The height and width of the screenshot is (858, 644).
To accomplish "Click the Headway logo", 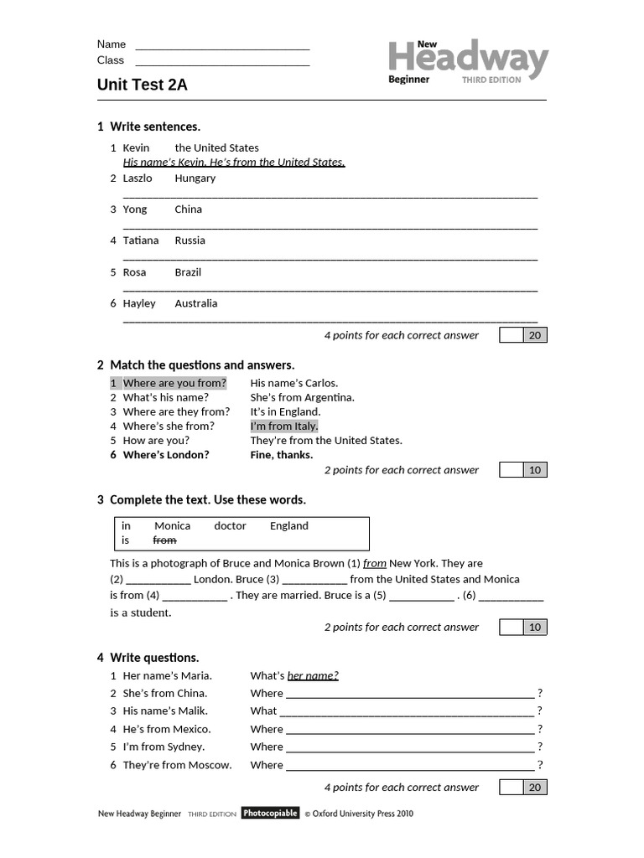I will [x=467, y=61].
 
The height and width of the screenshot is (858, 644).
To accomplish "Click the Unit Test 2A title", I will [x=143, y=85].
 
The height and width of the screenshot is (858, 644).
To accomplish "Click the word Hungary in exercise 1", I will [x=195, y=178].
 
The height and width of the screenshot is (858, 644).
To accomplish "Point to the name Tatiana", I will [x=140, y=240].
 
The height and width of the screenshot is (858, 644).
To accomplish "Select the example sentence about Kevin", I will [x=234, y=163].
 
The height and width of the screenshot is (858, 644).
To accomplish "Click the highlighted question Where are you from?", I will [x=174, y=384].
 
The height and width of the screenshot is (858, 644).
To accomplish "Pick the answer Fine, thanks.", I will [x=281, y=455].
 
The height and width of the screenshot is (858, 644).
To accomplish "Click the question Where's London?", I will [x=166, y=455].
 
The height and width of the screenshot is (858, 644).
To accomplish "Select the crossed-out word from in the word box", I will [x=164, y=540].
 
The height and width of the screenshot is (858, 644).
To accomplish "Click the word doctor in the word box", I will [x=230, y=526].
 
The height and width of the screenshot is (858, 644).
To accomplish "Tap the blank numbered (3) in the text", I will [x=314, y=580].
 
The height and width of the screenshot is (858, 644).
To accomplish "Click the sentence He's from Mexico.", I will [x=167, y=729].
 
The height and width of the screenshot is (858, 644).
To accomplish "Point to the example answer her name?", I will [x=313, y=676].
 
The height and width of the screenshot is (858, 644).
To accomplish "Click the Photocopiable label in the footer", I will [x=270, y=813].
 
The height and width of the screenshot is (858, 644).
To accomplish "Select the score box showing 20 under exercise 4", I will [x=534, y=788].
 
